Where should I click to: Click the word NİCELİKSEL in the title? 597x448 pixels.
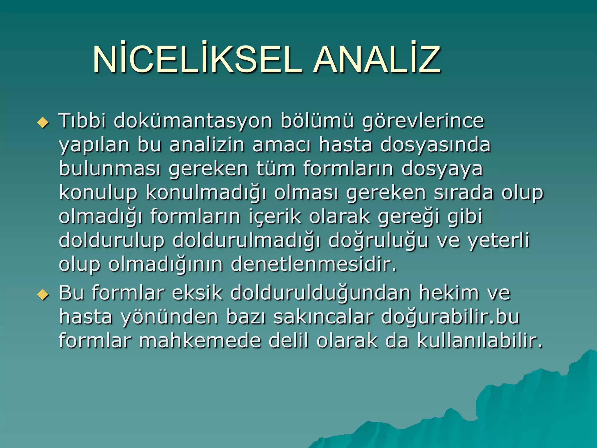pos(197,60)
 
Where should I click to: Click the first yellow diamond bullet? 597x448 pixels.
pos(43,123)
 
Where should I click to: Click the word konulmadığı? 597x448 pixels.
pos(206,193)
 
